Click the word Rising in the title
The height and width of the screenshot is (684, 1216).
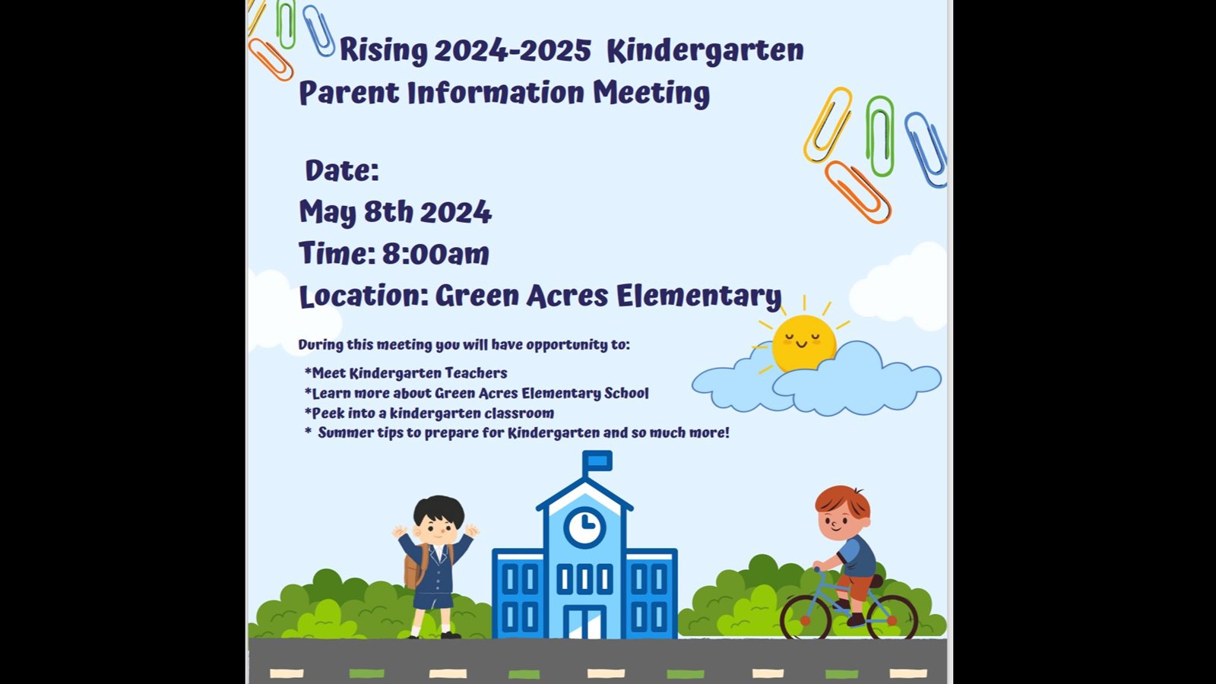click(x=384, y=51)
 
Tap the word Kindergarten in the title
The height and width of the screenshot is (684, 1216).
click(x=705, y=51)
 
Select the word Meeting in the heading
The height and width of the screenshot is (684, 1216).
click(x=651, y=93)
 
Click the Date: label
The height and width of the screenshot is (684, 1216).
click(x=341, y=170)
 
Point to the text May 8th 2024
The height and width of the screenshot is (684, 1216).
click(x=395, y=212)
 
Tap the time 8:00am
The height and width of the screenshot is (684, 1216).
click(x=435, y=254)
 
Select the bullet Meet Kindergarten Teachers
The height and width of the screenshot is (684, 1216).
click(x=406, y=373)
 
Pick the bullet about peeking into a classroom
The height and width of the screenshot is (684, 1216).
click(x=429, y=413)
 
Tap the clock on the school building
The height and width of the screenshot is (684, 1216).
click(x=584, y=526)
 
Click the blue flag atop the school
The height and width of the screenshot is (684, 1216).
click(x=597, y=461)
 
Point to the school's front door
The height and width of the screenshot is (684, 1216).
click(x=584, y=623)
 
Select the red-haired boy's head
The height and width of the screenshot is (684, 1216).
click(x=842, y=514)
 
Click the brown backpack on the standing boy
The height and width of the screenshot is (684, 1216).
click(x=413, y=567)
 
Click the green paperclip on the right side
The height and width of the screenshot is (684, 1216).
click(x=880, y=136)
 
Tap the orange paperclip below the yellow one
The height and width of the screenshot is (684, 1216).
click(x=857, y=192)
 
